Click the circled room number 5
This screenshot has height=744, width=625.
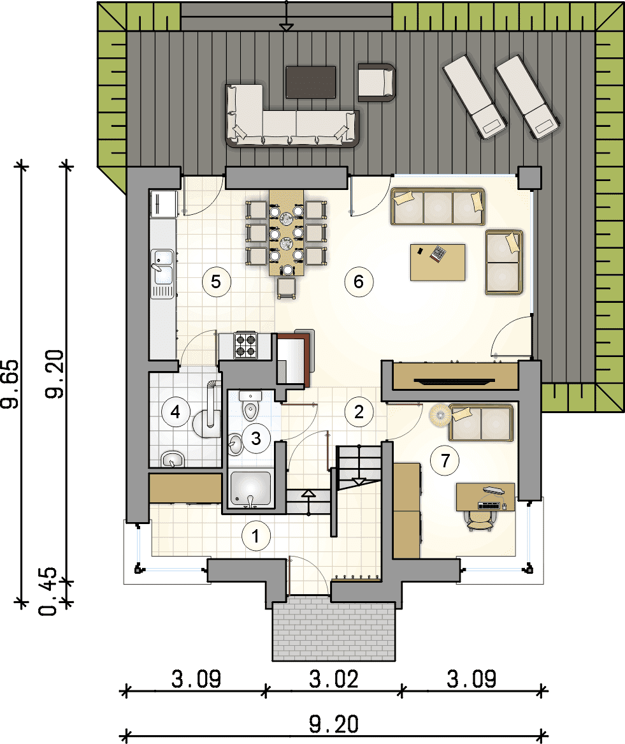tap(216, 282)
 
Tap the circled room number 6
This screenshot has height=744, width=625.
tap(359, 282)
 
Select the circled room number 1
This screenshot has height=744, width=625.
tap(256, 536)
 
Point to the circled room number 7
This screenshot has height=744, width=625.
tap(445, 460)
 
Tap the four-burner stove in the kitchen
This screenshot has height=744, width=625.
tap(246, 345)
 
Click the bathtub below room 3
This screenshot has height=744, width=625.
tap(251, 489)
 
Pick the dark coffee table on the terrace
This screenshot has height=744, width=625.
tap(311, 82)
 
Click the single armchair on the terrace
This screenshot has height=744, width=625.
tap(376, 82)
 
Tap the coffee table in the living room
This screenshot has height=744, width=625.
tap(438, 263)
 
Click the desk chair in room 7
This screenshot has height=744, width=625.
tap(480, 521)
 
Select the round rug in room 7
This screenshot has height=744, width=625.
tap(441, 415)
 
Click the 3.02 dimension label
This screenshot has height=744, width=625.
tap(334, 679)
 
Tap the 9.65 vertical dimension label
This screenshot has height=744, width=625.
tap(10, 384)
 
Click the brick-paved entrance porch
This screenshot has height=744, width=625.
tap(333, 629)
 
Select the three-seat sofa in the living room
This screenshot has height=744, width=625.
tap(437, 207)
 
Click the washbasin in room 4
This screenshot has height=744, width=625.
tap(173, 459)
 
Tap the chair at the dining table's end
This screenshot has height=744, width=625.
tap(287, 288)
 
